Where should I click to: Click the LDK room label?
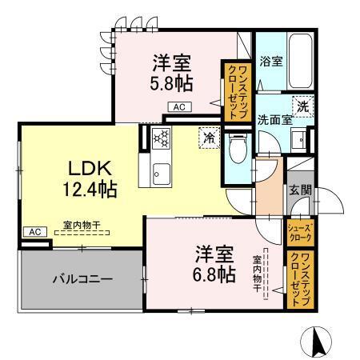click(x=83, y=170)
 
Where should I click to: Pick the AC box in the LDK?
click(x=34, y=231)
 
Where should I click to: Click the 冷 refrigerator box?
click(x=208, y=137)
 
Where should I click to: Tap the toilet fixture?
click(x=238, y=150)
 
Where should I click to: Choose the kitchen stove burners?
click(x=158, y=138)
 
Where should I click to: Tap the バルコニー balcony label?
click(x=82, y=281)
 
